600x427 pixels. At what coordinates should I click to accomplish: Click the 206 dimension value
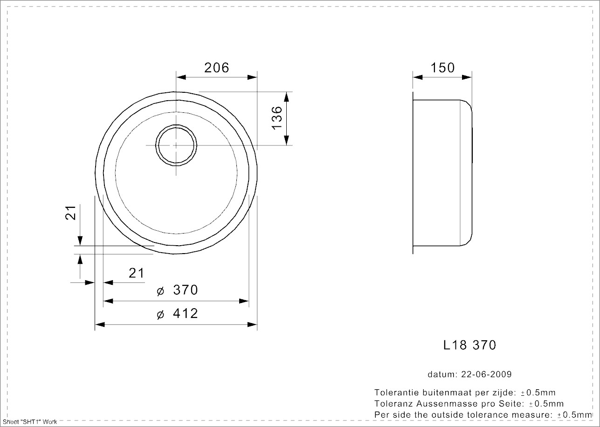click(x=216, y=68)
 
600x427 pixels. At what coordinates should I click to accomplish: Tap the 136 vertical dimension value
click(x=277, y=118)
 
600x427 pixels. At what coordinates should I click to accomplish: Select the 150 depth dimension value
click(x=442, y=68)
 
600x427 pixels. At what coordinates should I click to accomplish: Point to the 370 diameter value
click(x=186, y=290)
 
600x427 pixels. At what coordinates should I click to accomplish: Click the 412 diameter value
click(x=186, y=313)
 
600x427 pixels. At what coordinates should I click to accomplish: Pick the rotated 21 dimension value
click(x=71, y=213)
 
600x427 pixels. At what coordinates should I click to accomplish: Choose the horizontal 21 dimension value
click(x=136, y=273)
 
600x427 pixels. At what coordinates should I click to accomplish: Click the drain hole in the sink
click(x=176, y=145)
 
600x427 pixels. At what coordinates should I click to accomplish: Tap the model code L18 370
click(x=469, y=345)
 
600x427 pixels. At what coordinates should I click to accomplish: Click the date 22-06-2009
click(x=486, y=374)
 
